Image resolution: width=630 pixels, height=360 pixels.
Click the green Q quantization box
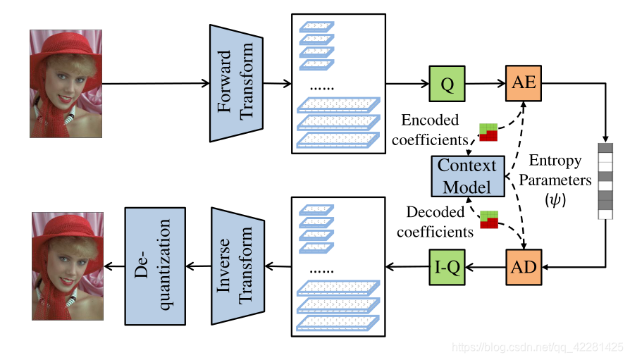[x=447, y=85]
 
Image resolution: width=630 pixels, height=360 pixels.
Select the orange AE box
[x=523, y=84]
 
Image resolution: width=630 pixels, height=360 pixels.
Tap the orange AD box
[x=523, y=267]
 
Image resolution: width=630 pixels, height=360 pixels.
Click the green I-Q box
[x=447, y=267]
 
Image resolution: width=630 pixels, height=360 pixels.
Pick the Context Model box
[x=467, y=175]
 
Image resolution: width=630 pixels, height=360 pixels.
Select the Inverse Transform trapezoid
[x=237, y=266]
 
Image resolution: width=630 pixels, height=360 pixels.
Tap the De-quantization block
[x=155, y=266]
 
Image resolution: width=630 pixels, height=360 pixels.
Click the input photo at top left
[x=66, y=83]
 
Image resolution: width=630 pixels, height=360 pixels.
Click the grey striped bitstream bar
[x=605, y=181]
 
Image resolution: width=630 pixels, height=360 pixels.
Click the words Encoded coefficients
[x=426, y=130]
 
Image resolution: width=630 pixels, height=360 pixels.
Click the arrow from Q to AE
[x=485, y=84]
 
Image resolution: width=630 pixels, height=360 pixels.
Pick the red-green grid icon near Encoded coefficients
[x=488, y=132]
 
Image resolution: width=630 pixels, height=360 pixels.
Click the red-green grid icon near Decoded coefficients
[x=489, y=219]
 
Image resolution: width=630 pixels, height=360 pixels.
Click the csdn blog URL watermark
[x=538, y=348]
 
